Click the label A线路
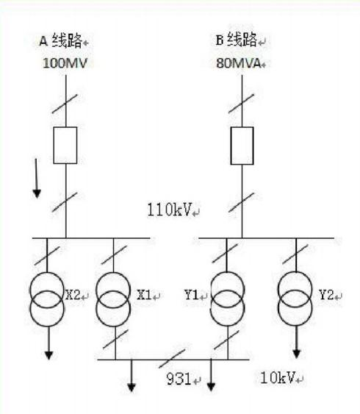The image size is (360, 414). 60,40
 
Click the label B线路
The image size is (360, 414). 237,40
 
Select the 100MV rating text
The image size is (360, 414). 65,63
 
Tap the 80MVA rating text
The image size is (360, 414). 239,63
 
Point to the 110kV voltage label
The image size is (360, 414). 169,210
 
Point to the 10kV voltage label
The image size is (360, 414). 277,377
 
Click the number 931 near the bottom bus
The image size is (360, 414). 179,379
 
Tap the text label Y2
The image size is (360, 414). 326,295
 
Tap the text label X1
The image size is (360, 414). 144,295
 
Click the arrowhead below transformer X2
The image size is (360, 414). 48,355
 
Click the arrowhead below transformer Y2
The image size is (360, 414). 297,354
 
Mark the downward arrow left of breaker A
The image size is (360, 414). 37,178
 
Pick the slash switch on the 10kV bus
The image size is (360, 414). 172,359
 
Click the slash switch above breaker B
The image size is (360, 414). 241,104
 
